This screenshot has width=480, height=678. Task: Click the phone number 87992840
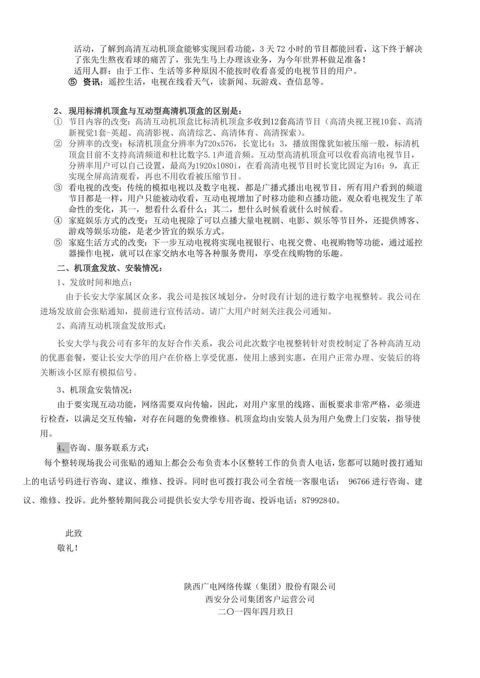click(x=320, y=500)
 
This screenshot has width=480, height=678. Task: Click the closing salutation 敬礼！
click(x=68, y=548)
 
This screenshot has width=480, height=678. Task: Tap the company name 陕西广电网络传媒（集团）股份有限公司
click(x=260, y=586)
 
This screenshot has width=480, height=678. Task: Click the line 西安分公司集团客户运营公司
click(x=260, y=599)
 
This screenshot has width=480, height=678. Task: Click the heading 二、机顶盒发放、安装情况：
click(x=110, y=268)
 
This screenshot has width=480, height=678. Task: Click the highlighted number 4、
click(x=63, y=448)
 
